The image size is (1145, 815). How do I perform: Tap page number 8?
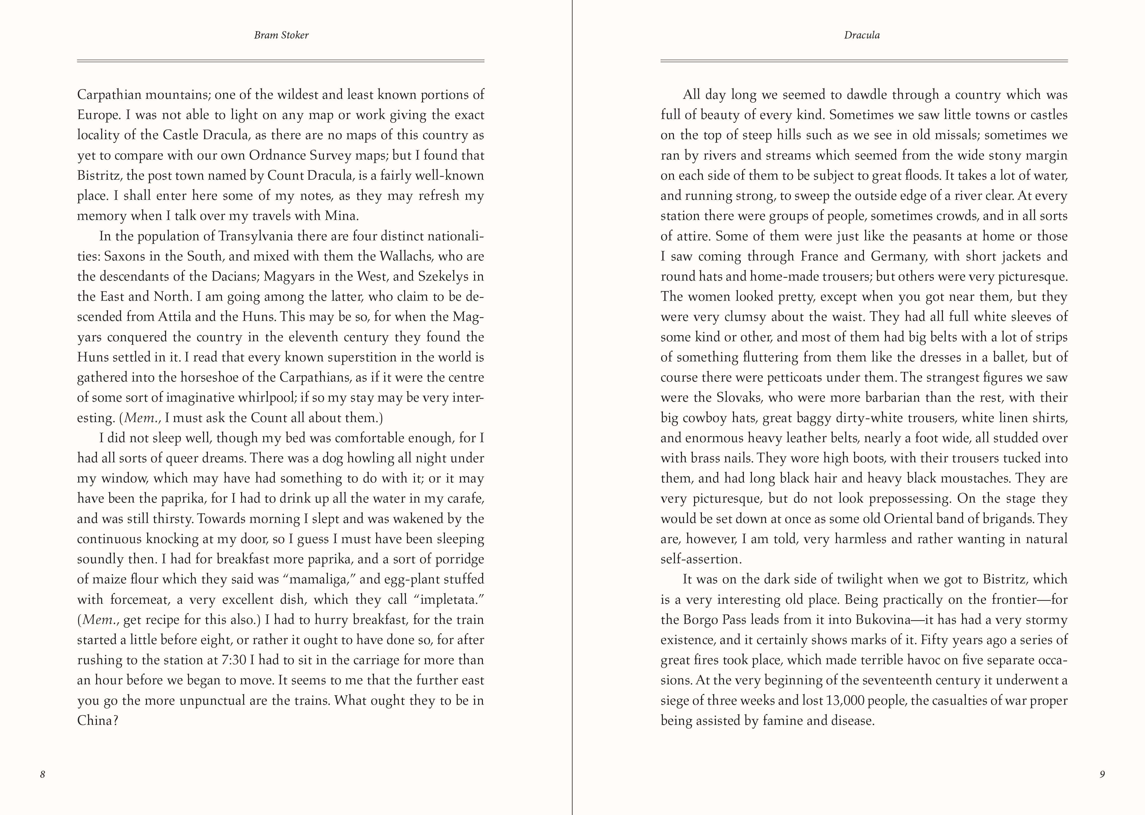tap(43, 774)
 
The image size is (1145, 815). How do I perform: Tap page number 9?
tap(1102, 774)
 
